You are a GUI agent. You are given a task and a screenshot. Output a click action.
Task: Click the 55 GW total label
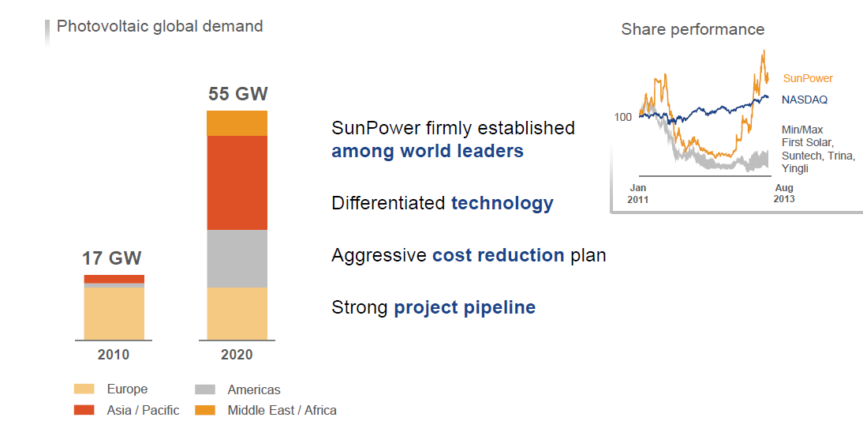(238, 95)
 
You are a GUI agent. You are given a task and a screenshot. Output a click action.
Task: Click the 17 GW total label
(112, 259)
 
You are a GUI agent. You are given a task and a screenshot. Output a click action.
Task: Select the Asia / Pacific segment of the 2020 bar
(237, 182)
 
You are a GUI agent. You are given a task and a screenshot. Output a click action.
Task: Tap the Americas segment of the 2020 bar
(237, 258)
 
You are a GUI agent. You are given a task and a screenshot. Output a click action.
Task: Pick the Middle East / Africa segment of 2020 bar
(237, 123)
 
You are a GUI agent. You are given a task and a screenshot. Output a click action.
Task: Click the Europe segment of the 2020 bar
(237, 313)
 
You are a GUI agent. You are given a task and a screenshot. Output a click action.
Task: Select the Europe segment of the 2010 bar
(114, 313)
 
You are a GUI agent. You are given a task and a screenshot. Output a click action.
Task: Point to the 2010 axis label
(114, 355)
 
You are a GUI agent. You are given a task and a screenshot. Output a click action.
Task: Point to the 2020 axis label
(237, 355)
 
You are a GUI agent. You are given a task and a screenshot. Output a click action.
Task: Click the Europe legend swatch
(84, 389)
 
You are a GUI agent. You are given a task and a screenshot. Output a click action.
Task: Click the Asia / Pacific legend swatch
(84, 410)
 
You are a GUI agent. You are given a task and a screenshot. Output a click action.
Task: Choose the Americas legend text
(254, 389)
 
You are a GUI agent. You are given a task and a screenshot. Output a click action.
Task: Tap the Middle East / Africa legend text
(282, 410)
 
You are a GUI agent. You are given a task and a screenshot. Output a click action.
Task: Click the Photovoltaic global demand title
(159, 26)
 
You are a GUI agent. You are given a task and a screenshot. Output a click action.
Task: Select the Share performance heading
(693, 29)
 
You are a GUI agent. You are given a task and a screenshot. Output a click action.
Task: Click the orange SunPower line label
(808, 78)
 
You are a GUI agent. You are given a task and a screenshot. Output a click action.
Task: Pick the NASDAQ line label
(805, 100)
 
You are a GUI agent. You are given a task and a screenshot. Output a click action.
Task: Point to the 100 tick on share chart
(623, 117)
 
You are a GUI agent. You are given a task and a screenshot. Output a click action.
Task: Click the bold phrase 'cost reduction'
(498, 256)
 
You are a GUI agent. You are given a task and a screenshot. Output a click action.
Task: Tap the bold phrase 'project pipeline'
(465, 307)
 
